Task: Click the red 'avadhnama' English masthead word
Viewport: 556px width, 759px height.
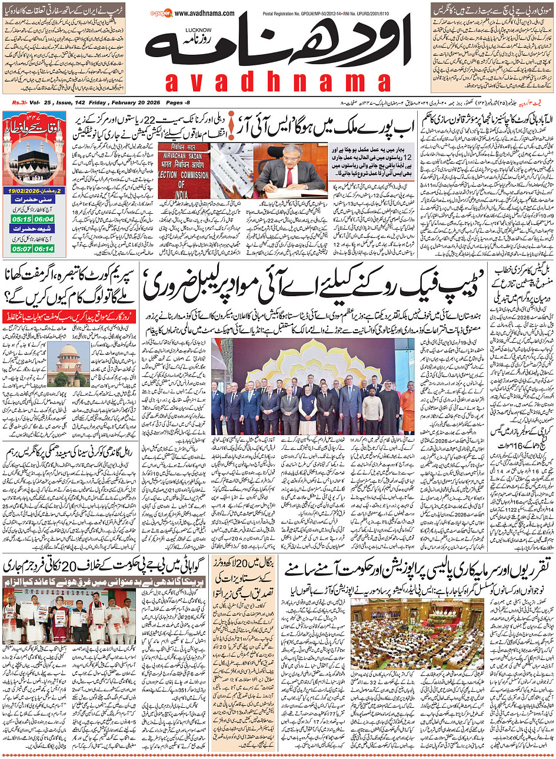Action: pos(277,82)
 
